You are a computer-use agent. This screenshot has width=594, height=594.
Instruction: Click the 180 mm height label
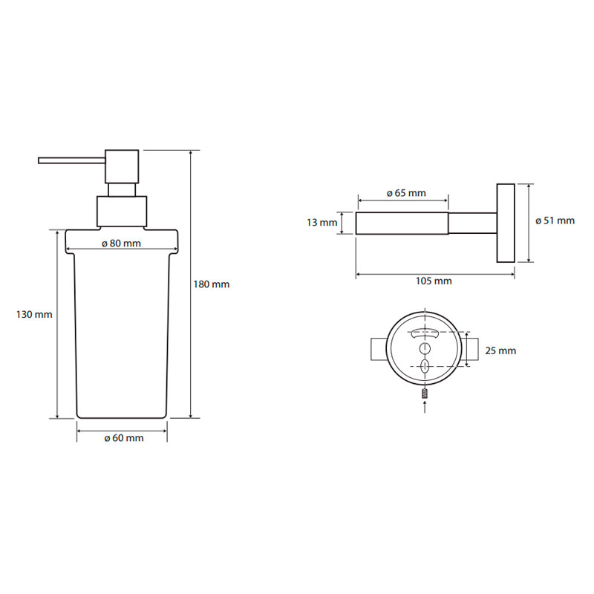(x=212, y=284)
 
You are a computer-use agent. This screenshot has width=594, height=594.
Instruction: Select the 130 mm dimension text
(x=34, y=314)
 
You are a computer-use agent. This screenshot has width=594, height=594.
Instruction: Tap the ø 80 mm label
(x=121, y=244)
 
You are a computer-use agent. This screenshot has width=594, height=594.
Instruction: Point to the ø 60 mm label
(x=124, y=438)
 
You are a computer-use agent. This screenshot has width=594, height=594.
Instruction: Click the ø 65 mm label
(x=406, y=193)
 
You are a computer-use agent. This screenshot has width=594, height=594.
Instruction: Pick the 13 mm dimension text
(x=322, y=222)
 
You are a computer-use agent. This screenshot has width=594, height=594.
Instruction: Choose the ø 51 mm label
(x=555, y=221)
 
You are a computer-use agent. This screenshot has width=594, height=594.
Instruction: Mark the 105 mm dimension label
(x=434, y=281)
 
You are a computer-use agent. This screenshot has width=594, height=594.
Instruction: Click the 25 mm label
(x=500, y=350)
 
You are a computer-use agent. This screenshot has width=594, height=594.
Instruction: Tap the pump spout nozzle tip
(x=39, y=160)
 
